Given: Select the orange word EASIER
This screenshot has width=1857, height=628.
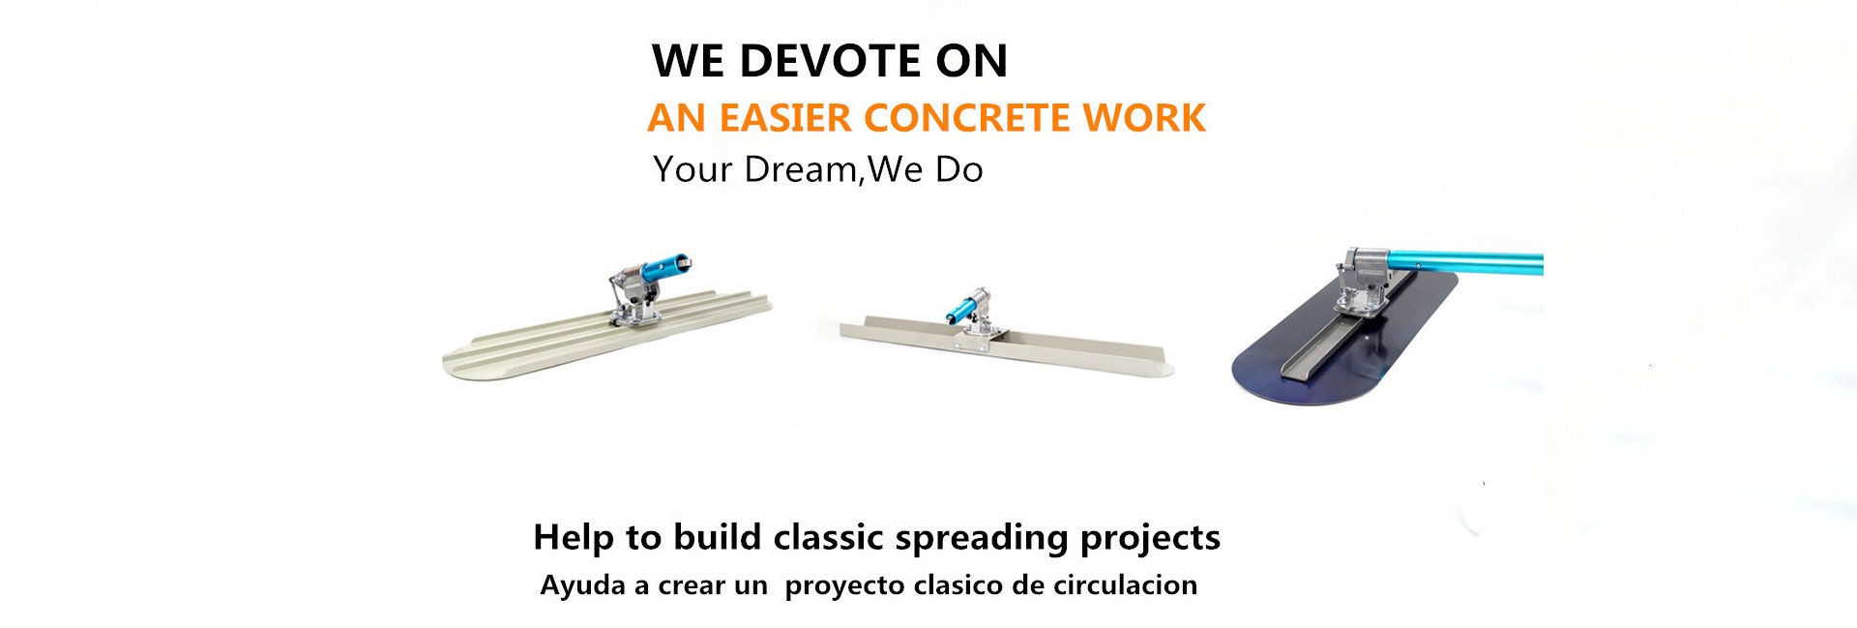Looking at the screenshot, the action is [x=785, y=118].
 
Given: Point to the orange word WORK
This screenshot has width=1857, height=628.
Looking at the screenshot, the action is [x=1144, y=118].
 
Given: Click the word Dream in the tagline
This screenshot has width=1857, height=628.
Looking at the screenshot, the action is [x=801, y=169].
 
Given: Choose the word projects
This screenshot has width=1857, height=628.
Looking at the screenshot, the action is [x=1150, y=539].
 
